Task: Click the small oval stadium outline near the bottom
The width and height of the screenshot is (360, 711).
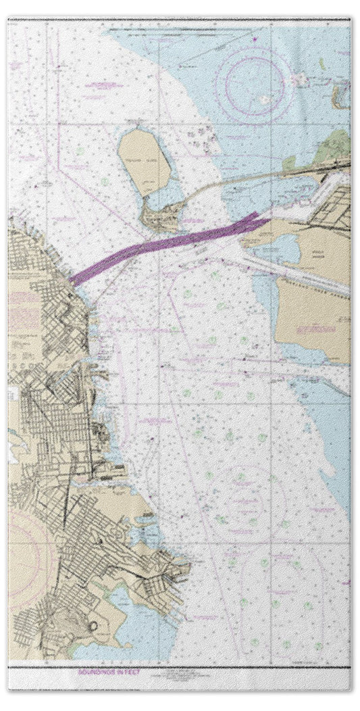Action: tap(93, 625)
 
